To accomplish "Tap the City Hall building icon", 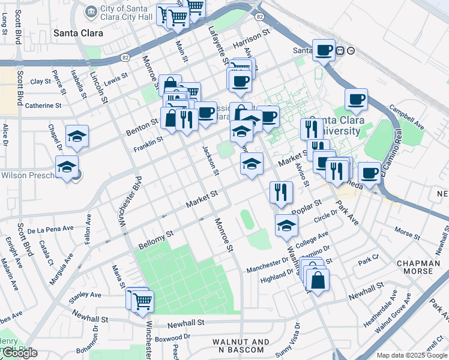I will (x=91, y=11).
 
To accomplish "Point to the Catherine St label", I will (x=43, y=106).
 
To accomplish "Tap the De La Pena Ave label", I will (x=50, y=229).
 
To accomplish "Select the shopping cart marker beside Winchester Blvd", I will (x=142, y=301).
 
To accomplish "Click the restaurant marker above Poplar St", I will (x=281, y=193).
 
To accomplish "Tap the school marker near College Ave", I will (x=286, y=226).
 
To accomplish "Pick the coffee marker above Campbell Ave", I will (x=356, y=100).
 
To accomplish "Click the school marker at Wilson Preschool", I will (x=67, y=167).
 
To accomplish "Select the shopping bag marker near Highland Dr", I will (x=317, y=280).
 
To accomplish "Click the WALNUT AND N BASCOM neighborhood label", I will (x=241, y=346).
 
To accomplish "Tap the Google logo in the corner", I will (x=20, y=353).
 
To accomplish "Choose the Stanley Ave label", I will (x=85, y=295).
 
